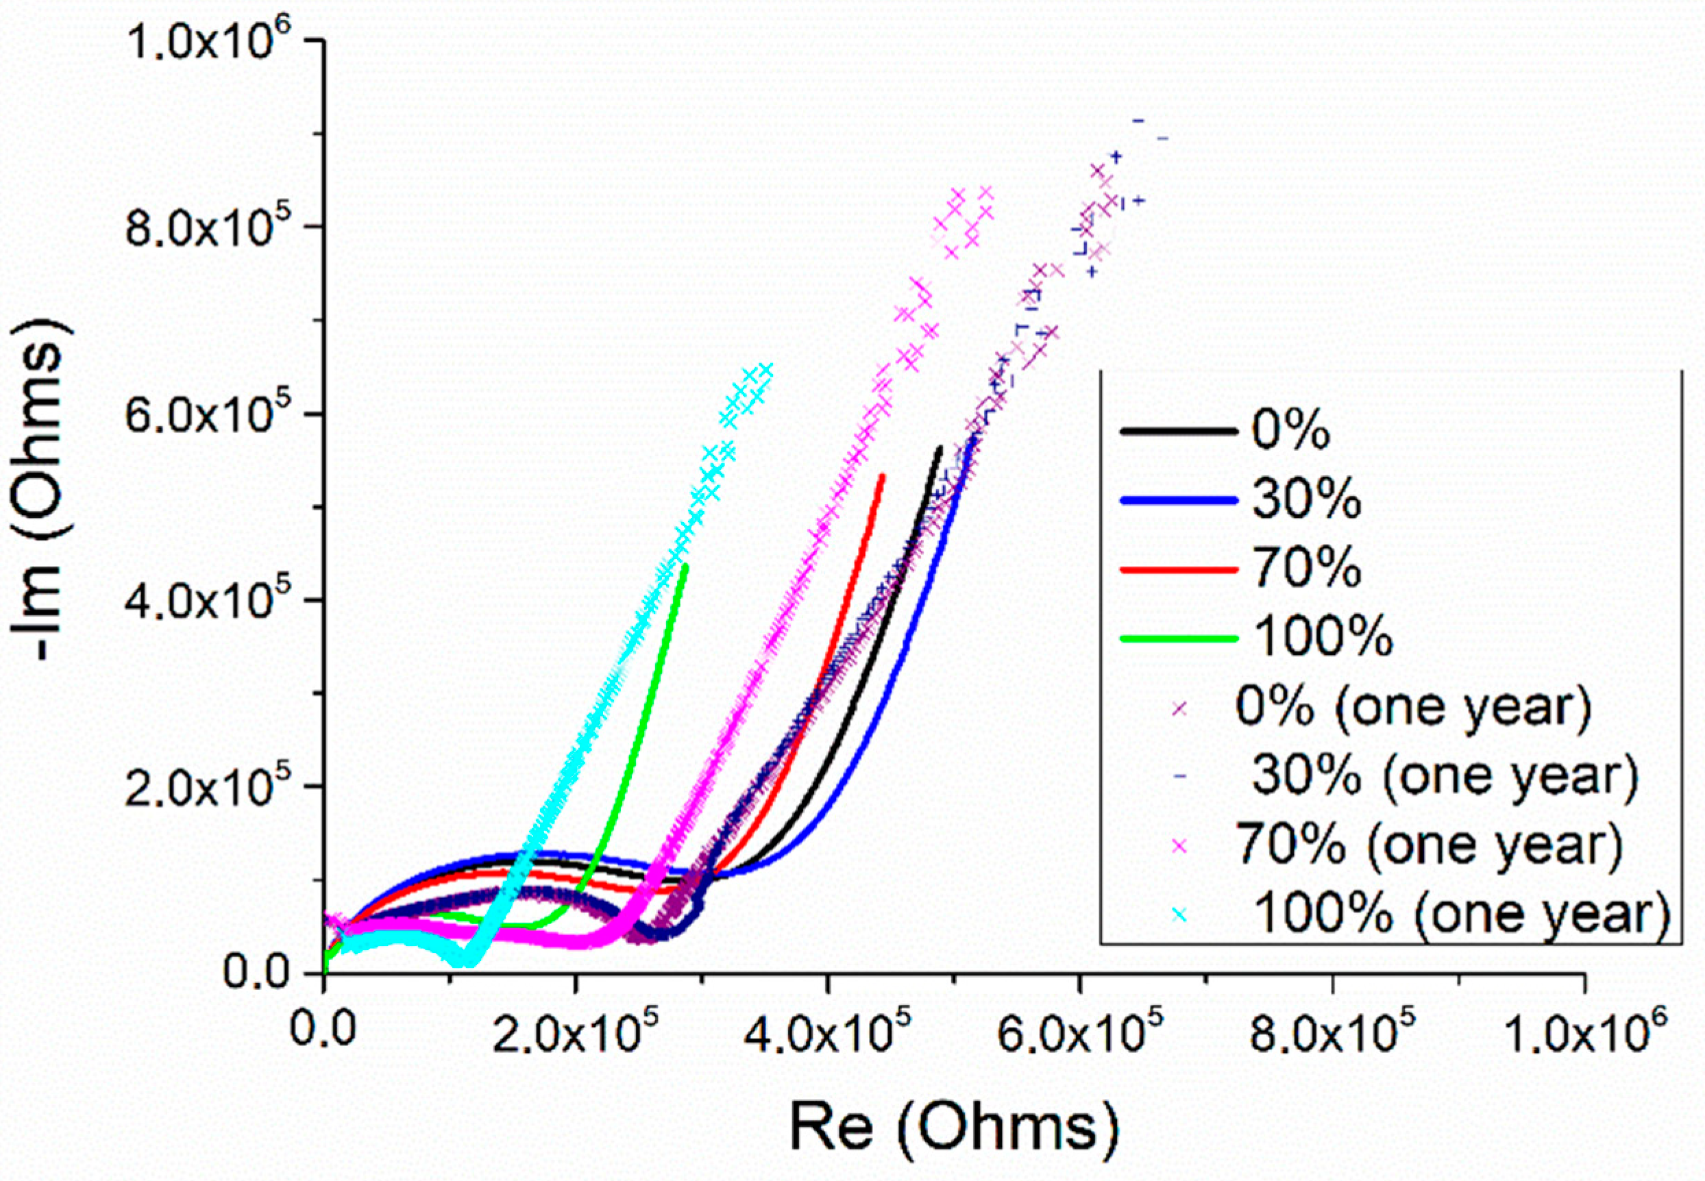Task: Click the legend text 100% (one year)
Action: pyautogui.click(x=1462, y=915)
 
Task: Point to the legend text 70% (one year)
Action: pyautogui.click(x=1429, y=845)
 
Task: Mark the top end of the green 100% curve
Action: pyautogui.click(x=686, y=567)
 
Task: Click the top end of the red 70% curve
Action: pyautogui.click(x=883, y=477)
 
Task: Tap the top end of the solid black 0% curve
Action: pyautogui.click(x=940, y=448)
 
